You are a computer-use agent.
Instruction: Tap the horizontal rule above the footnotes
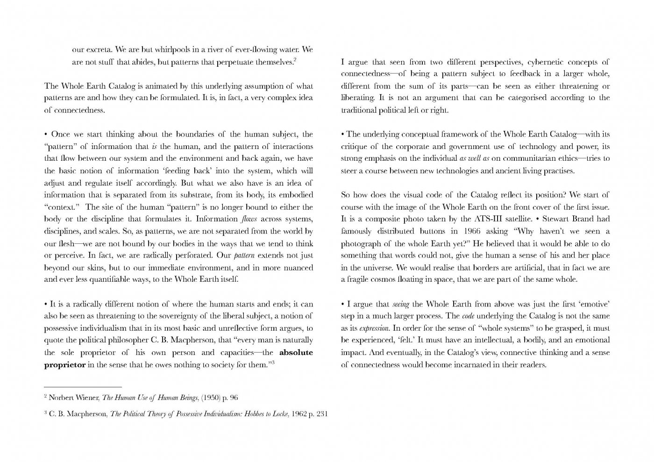click(83, 387)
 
